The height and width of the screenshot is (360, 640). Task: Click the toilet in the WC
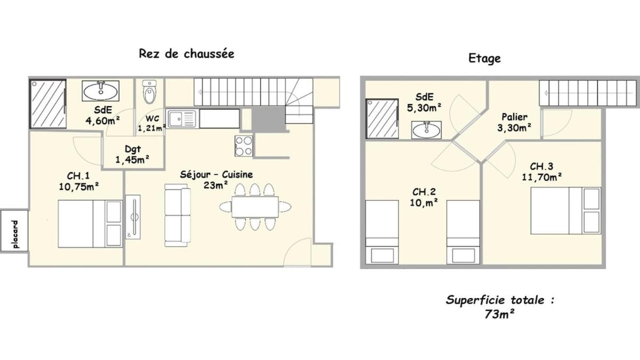[x=149, y=92]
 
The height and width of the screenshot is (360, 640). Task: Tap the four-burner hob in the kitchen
[x=244, y=146]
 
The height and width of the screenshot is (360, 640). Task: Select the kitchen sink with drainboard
[x=182, y=118]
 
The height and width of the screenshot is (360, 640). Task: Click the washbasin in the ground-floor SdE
[x=101, y=91]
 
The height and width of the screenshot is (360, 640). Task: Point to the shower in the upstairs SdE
[x=382, y=119]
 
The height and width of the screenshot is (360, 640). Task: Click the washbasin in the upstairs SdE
[x=426, y=130]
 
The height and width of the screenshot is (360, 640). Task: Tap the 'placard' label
[x=15, y=234]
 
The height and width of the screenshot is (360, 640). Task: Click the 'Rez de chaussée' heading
[x=187, y=54]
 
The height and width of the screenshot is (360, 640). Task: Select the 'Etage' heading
[x=485, y=59]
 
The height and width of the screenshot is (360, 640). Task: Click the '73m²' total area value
[x=499, y=314]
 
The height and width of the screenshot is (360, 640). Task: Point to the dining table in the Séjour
[x=255, y=207]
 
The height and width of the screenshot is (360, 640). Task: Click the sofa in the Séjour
[x=178, y=215]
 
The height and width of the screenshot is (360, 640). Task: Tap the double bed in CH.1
[x=90, y=223]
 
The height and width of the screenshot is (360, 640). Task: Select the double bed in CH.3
[x=566, y=211]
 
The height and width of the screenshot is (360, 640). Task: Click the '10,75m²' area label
[x=79, y=187]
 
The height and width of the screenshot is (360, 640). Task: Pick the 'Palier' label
[x=515, y=117]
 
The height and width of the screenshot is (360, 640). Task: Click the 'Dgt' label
[x=133, y=149]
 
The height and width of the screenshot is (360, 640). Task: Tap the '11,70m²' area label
[x=542, y=177]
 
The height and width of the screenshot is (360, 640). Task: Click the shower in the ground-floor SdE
[x=48, y=103]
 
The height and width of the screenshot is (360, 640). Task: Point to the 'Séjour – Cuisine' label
[x=217, y=174]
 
